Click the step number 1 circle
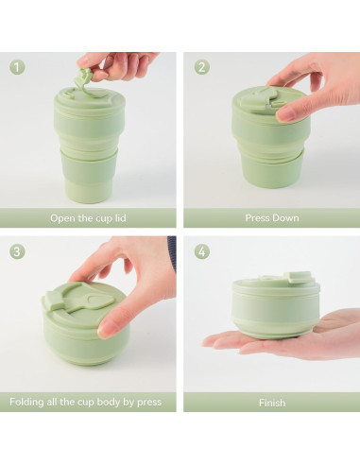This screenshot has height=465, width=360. tap(18, 67)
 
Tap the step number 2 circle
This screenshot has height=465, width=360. tap(201, 67)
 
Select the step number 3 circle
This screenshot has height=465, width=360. tap(18, 251)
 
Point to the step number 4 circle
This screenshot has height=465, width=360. tap(201, 251)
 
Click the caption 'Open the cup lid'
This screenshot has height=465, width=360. tap(89, 218)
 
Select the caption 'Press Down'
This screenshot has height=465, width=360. tap(271, 218)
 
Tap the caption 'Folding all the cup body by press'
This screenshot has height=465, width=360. tap(86, 402)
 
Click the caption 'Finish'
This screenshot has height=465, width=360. tap(271, 403)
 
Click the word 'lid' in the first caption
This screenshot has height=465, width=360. tap(121, 218)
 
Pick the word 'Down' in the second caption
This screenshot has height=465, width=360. tap(284, 218)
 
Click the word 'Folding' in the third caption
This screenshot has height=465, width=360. tap(28, 402)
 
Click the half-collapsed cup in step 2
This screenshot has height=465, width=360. tap(270, 137)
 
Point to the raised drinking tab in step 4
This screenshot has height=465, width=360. tap(300, 278)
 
